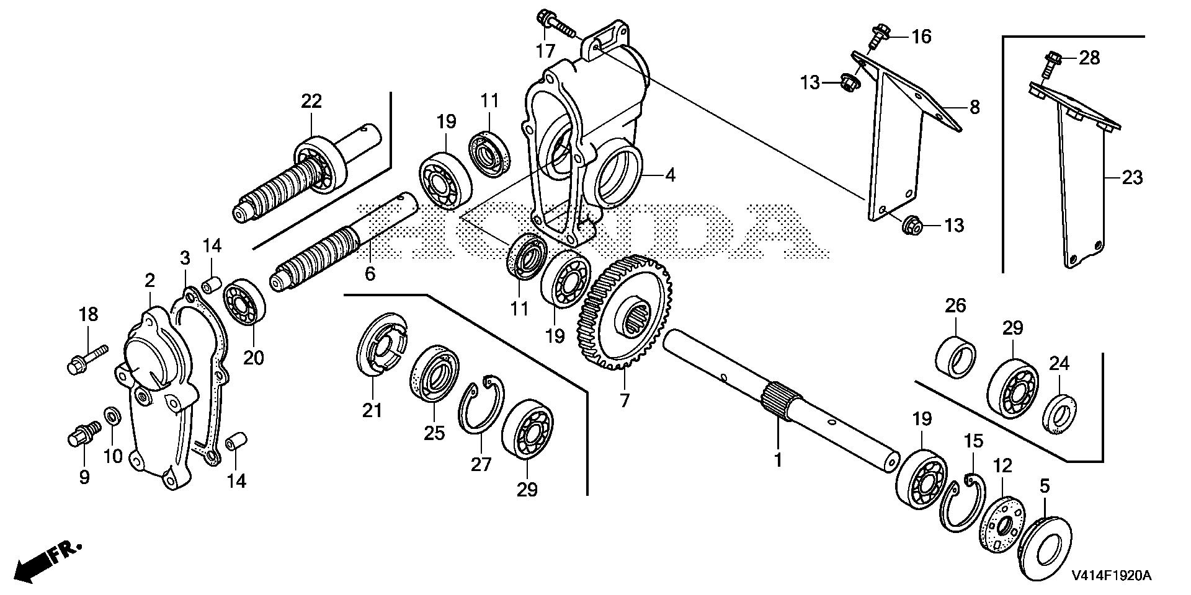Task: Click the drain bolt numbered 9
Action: click(83, 433)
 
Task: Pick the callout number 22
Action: click(312, 101)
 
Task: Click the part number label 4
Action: click(669, 175)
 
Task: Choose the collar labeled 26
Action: click(955, 355)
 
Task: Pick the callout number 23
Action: click(1133, 178)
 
